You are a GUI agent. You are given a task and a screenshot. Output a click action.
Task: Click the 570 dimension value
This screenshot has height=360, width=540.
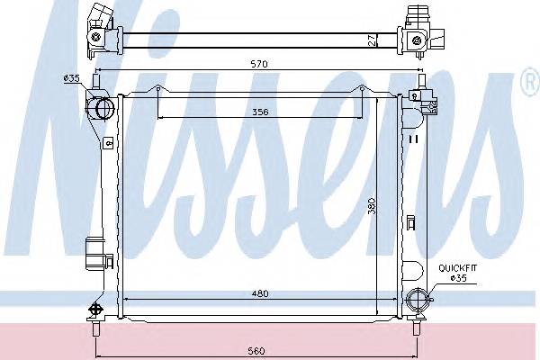point(259,64)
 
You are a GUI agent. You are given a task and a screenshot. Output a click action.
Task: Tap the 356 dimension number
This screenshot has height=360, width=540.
point(260,112)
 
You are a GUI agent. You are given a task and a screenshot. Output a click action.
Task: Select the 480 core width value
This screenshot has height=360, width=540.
point(260,293)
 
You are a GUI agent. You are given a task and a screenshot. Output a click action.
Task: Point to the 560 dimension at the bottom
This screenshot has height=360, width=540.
point(256,351)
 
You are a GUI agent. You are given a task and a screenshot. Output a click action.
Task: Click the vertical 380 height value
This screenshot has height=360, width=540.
point(371,206)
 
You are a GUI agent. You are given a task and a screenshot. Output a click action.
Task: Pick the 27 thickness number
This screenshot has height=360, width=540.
point(372,40)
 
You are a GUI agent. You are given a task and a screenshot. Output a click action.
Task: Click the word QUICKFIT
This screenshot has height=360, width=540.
point(458,268)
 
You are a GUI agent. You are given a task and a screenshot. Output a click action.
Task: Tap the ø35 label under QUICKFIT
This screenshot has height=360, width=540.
point(459,278)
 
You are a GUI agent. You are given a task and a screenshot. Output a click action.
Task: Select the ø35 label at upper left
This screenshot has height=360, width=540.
point(71,78)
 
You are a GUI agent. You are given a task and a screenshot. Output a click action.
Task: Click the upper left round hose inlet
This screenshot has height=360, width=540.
point(104,108)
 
